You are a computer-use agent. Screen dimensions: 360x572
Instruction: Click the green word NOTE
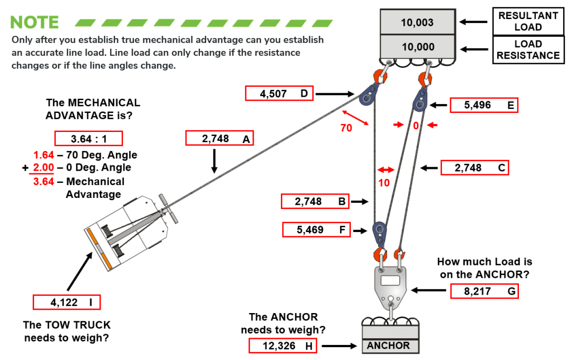coord(35,22)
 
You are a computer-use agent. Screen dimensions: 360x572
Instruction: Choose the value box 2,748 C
coord(474,168)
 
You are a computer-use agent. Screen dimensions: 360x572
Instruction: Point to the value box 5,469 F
coord(316,229)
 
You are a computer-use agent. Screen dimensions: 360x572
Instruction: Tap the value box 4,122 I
coord(67,302)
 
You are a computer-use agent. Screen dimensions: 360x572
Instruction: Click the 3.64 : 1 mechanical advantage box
coord(88,138)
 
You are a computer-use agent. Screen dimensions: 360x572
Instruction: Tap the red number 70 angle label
coord(346,127)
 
